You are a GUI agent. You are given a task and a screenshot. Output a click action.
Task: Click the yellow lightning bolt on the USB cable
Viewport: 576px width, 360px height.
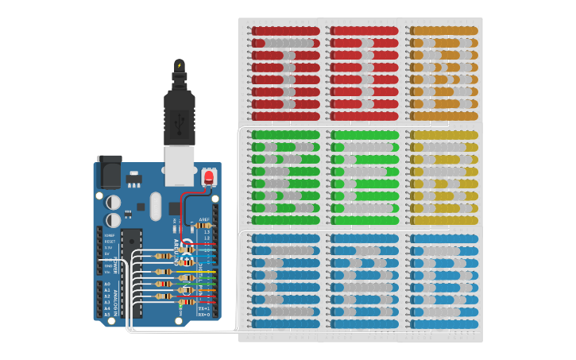click(x=179, y=65)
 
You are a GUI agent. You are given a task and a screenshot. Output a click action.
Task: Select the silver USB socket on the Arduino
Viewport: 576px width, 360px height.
click(x=180, y=165)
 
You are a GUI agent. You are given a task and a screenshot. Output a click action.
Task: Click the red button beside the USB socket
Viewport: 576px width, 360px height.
click(x=209, y=176)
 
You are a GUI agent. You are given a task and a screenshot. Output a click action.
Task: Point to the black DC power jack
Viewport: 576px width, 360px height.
click(x=110, y=170)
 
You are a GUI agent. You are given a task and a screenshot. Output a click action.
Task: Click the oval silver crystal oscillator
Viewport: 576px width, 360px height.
click(x=155, y=206)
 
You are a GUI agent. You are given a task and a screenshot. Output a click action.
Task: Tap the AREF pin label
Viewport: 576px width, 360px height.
click(x=204, y=219)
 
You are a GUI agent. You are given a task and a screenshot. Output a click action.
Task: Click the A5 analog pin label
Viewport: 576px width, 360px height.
click(x=107, y=315)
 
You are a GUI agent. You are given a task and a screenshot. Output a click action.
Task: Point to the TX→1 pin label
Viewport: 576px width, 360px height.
click(x=203, y=308)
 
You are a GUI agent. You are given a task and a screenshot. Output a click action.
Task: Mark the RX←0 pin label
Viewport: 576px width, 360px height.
click(x=203, y=315)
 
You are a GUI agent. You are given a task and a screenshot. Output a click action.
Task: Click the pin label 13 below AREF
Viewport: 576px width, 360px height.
click(x=207, y=232)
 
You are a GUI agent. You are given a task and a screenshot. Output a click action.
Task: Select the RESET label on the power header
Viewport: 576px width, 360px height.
click(x=109, y=241)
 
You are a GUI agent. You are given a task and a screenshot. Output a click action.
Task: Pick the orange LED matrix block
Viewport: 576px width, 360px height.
click(x=443, y=72)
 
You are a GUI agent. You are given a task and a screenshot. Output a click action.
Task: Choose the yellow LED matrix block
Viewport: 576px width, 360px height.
click(x=443, y=176)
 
